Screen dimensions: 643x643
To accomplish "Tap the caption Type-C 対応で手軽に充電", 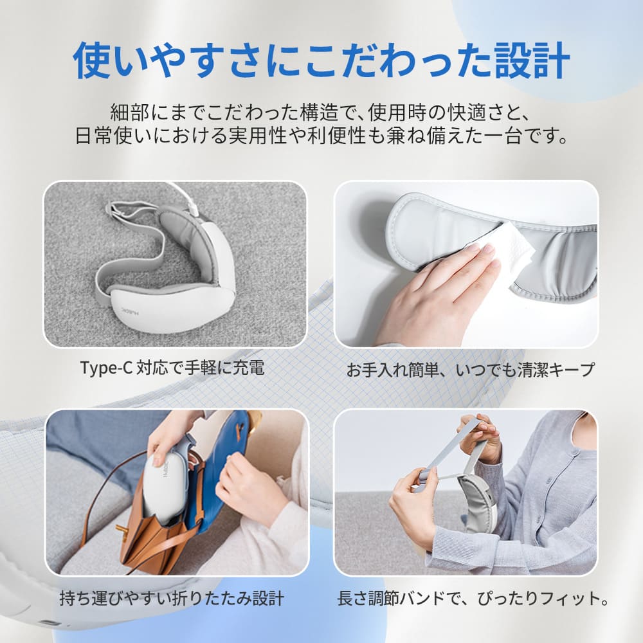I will (172, 368).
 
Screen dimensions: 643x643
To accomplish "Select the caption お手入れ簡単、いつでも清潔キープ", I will (470, 370).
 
